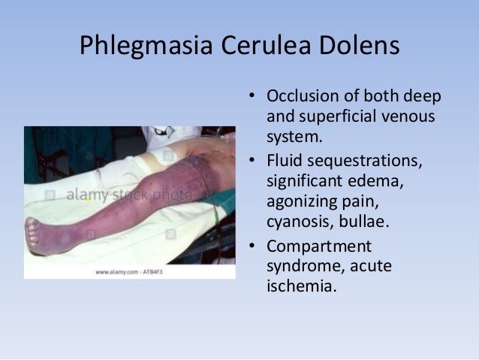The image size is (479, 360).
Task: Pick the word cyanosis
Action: pos(298,222)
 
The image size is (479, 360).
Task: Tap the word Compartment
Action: pos(318,246)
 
